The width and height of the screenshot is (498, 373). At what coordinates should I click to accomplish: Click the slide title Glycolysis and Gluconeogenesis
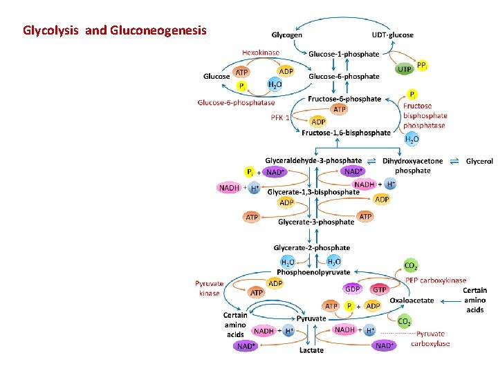tap(114, 30)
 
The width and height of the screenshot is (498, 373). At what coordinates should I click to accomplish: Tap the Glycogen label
tap(286, 35)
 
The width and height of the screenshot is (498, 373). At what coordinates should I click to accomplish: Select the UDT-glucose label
tap(392, 35)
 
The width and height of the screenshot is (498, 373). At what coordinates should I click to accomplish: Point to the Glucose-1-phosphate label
tap(344, 54)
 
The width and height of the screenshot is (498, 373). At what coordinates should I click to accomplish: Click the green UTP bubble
tap(404, 69)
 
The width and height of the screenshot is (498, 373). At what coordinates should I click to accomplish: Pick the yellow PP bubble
tap(422, 65)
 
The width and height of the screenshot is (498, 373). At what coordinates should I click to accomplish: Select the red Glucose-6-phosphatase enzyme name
tap(236, 103)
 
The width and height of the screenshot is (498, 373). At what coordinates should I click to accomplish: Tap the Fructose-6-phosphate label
tap(344, 99)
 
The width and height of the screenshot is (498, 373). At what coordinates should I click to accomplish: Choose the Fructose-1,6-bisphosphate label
tap(347, 133)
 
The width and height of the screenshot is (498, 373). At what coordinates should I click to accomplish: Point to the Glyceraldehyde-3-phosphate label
tap(313, 160)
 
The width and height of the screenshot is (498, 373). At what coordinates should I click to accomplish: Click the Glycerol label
tap(479, 161)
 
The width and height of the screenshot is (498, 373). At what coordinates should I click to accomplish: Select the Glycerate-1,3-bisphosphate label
tap(313, 191)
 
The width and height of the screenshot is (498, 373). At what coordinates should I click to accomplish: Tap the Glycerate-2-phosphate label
tap(312, 247)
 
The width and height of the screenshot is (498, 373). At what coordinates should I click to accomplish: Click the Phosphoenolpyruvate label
tap(313, 272)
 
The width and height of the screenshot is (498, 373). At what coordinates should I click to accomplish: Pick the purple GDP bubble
tap(353, 289)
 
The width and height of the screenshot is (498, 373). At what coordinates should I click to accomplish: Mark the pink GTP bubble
tap(380, 289)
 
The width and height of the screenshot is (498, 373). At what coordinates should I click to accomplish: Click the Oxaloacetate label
tap(412, 300)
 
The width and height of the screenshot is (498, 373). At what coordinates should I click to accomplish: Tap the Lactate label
tap(311, 350)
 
